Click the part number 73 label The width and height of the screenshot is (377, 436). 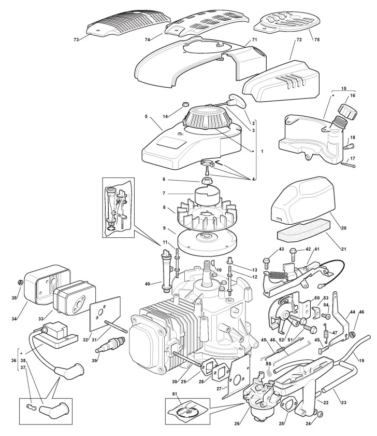[x=76, y=40]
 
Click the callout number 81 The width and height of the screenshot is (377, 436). [x=175, y=394]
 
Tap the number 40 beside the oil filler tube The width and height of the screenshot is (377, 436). [x=147, y=284]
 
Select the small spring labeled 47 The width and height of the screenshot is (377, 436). [x=327, y=330]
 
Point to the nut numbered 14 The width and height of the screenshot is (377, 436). [x=185, y=105]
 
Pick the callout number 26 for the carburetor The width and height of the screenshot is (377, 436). [x=237, y=424]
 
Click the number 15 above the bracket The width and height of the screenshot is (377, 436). [x=344, y=89]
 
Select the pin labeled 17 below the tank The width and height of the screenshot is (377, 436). [x=349, y=165]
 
